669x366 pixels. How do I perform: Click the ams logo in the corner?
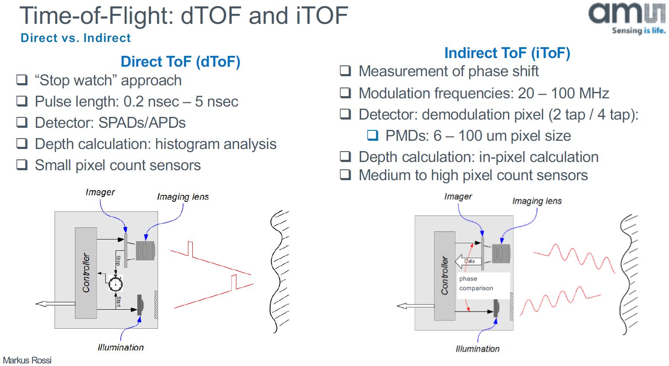pos(627,17)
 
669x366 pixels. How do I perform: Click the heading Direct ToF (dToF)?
pos(180,62)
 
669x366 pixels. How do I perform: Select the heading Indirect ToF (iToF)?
pos(507,53)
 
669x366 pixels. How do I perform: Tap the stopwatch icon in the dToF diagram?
pos(116,284)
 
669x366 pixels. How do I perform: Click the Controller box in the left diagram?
pos(86,273)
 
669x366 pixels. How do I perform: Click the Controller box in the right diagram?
pos(444,276)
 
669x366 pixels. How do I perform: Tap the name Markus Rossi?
pos(27,360)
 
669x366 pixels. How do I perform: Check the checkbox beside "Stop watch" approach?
pos(22,80)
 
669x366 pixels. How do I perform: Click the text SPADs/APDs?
pos(142,123)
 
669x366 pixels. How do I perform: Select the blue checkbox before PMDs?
pos(372,136)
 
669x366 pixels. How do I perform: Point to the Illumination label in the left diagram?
pos(120,347)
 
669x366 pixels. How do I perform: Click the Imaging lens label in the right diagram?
pos(536,201)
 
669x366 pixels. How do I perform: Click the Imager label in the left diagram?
pos(100,192)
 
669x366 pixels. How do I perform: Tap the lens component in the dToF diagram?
pos(145,250)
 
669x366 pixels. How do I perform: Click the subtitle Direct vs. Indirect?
pos(75,38)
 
